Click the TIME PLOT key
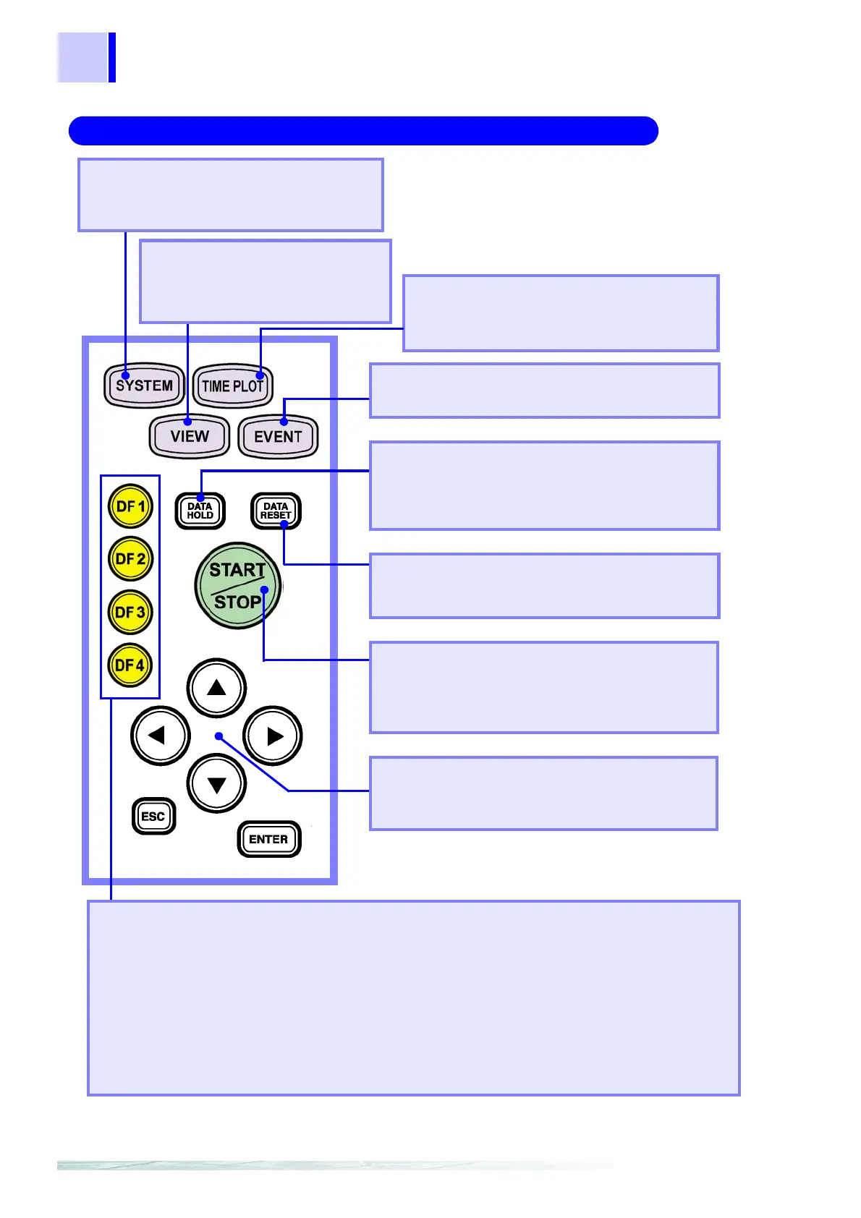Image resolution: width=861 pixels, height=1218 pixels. coord(232,386)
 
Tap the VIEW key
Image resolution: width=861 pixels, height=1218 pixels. coord(190,436)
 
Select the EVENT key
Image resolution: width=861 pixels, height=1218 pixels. coord(278,436)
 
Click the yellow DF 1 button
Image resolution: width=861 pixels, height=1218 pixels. coord(130,506)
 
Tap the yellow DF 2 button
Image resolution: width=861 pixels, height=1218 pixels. coord(130,559)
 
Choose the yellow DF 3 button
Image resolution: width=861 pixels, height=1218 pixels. coord(130,612)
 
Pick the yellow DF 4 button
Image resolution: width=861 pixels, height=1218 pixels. coord(130,665)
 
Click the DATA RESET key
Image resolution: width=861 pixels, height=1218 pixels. coord(276,511)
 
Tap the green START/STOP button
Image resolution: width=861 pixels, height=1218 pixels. coord(237,586)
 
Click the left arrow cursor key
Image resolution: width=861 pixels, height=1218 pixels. coord(160,736)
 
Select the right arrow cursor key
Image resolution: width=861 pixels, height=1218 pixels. coord(273,736)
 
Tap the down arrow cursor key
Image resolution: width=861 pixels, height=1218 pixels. coord(216,784)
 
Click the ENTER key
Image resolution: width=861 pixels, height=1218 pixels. coord(268,839)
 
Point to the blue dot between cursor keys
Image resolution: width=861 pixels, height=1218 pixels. coord(219,736)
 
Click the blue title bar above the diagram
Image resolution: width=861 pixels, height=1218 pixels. coord(363,131)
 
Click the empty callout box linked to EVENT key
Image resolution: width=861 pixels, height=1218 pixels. coord(544,391)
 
